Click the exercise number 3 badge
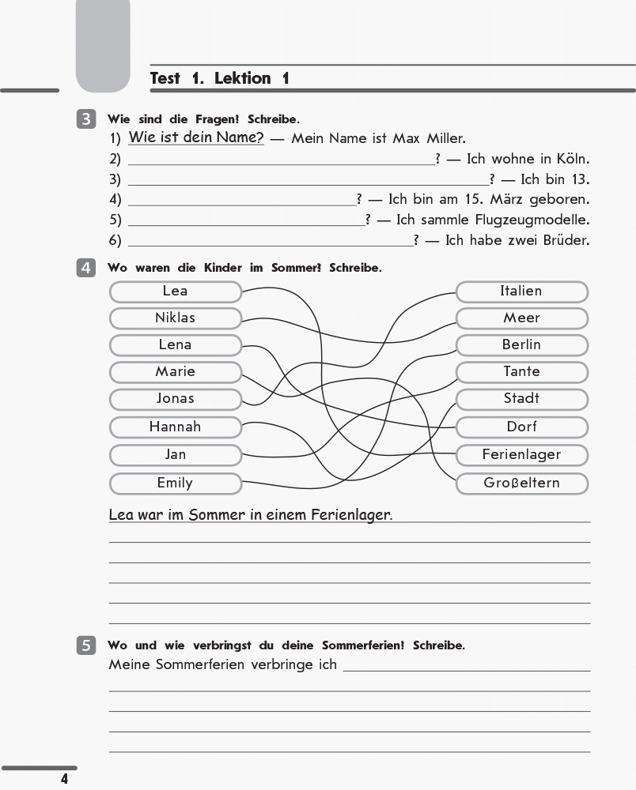click(x=86, y=120)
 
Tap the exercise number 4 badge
click(x=86, y=268)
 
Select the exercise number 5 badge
click(x=86, y=645)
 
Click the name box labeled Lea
click(x=175, y=292)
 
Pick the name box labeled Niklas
click(x=175, y=318)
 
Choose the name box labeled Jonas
click(x=175, y=399)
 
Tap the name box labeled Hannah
click(x=175, y=427)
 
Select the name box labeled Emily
click(x=175, y=483)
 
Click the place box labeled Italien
click(x=521, y=292)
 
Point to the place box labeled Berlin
click(x=521, y=345)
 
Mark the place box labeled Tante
click(x=521, y=372)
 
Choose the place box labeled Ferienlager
click(x=521, y=455)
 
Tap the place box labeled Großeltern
click(x=521, y=483)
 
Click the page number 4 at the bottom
click(x=65, y=780)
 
